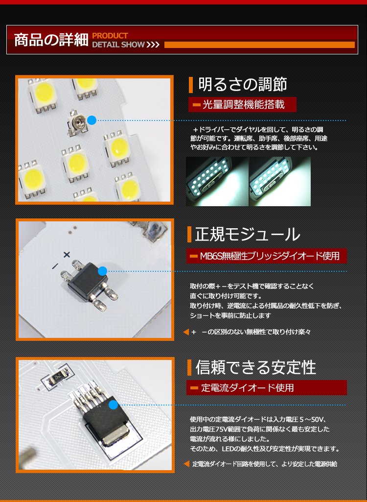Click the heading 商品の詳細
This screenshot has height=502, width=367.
pyautogui.click(x=51, y=40)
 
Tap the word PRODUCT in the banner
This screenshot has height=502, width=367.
pyautogui.click(x=110, y=36)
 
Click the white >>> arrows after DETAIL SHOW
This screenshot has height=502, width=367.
pyautogui.click(x=153, y=45)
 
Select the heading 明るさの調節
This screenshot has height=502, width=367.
pyautogui.click(x=243, y=85)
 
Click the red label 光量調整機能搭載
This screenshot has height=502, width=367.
pyautogui.click(x=242, y=105)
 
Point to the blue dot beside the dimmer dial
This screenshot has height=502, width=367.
pyautogui.click(x=92, y=120)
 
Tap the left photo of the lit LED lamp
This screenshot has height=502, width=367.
pyautogui.click(x=217, y=181)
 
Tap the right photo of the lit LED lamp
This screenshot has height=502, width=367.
pyautogui.click(x=280, y=181)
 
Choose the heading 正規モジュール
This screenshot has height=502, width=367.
pyautogui.click(x=248, y=235)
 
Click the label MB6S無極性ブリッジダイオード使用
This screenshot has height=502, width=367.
pyautogui.click(x=266, y=256)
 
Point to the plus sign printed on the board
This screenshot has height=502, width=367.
pyautogui.click(x=67, y=255)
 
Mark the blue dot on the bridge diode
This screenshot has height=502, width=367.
pyautogui.click(x=102, y=271)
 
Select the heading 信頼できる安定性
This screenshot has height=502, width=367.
pyautogui.click(x=255, y=367)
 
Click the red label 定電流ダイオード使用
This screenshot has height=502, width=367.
pyautogui.click(x=266, y=388)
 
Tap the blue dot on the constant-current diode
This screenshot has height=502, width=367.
pyautogui.click(x=113, y=405)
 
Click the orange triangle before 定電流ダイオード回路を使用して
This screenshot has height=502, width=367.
pyautogui.click(x=186, y=464)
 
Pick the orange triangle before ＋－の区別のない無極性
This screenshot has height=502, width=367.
pyautogui.click(x=186, y=332)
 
